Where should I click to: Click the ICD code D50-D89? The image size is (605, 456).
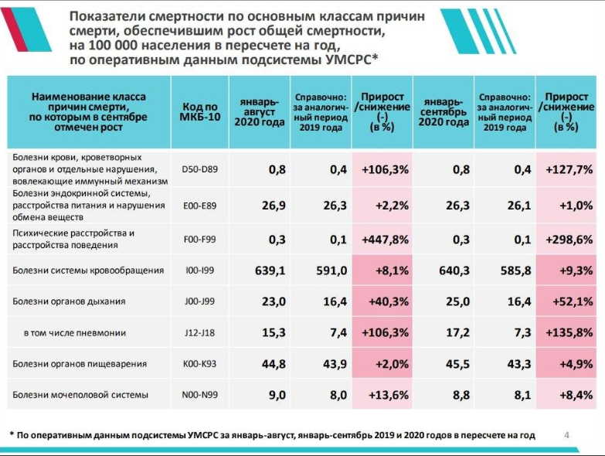point(199,169)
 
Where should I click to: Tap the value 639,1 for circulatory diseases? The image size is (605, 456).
point(270,271)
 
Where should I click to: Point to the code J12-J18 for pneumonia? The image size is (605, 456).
point(199,332)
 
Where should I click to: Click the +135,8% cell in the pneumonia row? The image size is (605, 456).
point(568,332)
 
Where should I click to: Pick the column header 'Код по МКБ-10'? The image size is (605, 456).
point(199,114)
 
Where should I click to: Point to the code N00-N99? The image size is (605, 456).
point(199,395)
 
